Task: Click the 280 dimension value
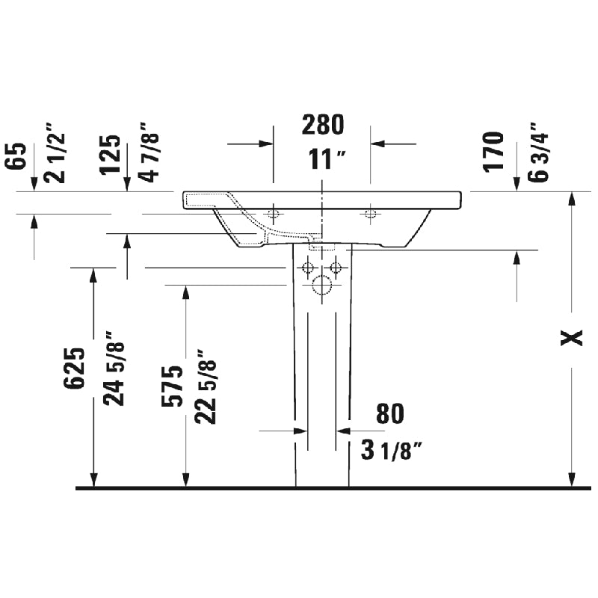322,126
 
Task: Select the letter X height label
572,338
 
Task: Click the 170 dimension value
493,151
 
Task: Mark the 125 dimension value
111,154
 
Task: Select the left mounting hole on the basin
274,215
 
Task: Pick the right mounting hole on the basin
369,215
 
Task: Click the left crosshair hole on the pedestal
306,267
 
